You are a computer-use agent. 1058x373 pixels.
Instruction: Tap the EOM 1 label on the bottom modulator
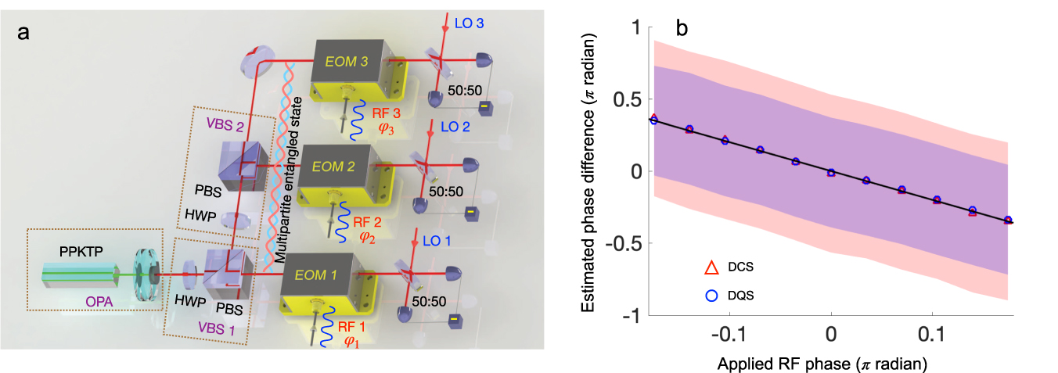pos(322,274)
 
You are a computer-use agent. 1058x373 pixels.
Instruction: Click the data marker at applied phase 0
pos(831,173)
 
